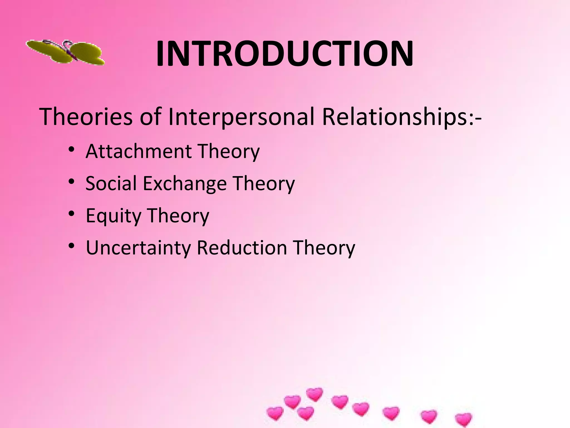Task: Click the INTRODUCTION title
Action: click(284, 54)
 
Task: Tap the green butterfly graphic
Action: click(66, 52)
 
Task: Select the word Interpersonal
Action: click(241, 117)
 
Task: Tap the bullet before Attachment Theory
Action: click(72, 150)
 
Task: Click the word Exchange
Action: click(185, 184)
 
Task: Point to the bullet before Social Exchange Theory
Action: click(72, 182)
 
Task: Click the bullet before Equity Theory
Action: click(72, 214)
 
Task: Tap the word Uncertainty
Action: click(138, 248)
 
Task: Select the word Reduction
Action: click(242, 247)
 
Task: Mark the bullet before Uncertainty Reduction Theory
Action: click(72, 246)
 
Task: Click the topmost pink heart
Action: click(315, 394)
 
